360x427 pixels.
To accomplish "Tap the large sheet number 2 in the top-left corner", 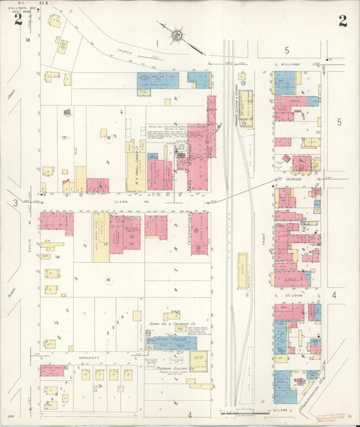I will click(18, 20).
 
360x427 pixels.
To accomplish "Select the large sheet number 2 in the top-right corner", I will click(343, 20).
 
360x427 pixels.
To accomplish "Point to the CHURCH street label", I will click(124, 51).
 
